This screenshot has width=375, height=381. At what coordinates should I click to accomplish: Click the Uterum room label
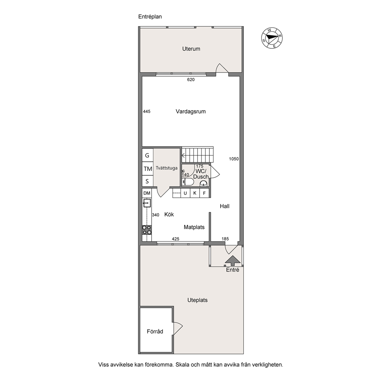pos(191,49)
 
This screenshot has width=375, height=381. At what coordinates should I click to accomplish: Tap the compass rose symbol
pos(272,38)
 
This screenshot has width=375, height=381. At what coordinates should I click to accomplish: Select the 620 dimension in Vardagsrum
pos(191,80)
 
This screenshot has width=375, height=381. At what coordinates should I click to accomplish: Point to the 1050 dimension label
pos(234,159)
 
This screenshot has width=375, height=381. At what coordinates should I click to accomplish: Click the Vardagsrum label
pos(191,111)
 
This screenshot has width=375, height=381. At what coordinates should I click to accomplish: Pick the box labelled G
pos(147,155)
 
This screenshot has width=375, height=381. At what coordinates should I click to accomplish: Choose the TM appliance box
pos(147,169)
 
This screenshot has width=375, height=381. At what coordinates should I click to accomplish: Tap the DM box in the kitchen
pos(147,193)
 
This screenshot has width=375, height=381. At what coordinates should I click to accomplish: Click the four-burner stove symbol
pos(147,230)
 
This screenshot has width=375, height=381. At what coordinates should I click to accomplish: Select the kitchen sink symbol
pos(147,203)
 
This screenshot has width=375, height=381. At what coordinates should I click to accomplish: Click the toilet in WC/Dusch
pos(188,182)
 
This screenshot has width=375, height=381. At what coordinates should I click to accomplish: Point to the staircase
pos(197,155)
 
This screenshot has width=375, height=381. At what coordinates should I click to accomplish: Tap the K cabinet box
pos(195,193)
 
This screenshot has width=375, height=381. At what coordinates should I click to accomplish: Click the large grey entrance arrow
pos(233,261)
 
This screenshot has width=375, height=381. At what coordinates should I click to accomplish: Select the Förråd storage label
pos(155,332)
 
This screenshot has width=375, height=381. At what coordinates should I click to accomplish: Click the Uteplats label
pos(197,300)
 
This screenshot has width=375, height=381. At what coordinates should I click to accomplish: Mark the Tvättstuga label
pos(167,168)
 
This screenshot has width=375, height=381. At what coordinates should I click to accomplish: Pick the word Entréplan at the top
pos(150,17)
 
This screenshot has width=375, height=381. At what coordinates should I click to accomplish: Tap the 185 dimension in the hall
pos(225,239)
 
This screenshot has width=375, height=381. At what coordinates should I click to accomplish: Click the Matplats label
pos(194,227)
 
